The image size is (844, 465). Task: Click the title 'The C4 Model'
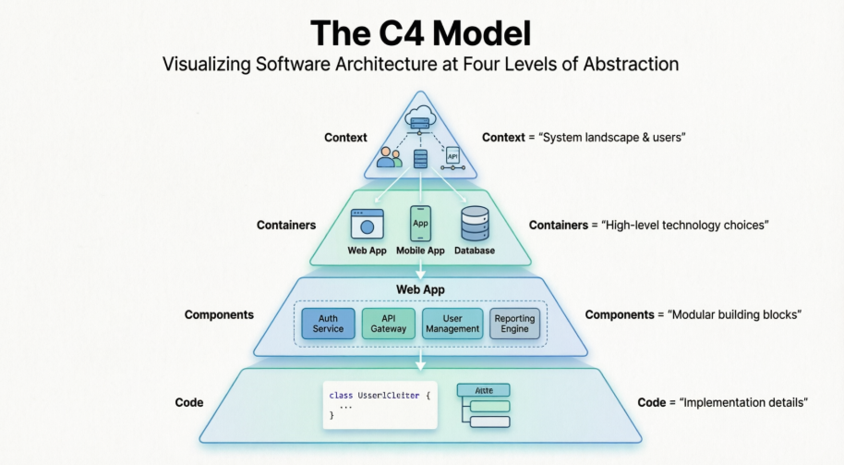point(421,33)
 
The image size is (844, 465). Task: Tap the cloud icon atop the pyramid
point(420,117)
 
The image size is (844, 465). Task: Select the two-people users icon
point(389,157)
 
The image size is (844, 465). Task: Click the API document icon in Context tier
point(452,156)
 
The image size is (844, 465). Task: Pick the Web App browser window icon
point(368,224)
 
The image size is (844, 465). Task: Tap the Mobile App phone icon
point(420,224)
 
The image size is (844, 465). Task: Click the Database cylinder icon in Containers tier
point(474,224)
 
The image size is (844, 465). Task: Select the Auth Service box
point(328,323)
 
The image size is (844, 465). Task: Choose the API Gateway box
point(389,323)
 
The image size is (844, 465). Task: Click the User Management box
point(452,323)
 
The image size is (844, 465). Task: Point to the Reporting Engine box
point(514,323)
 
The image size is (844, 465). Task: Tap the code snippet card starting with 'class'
point(379,405)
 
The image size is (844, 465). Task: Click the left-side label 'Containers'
point(286,225)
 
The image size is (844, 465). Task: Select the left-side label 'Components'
point(219,314)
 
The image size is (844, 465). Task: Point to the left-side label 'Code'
point(189,403)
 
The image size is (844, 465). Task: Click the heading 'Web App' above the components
point(420,289)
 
